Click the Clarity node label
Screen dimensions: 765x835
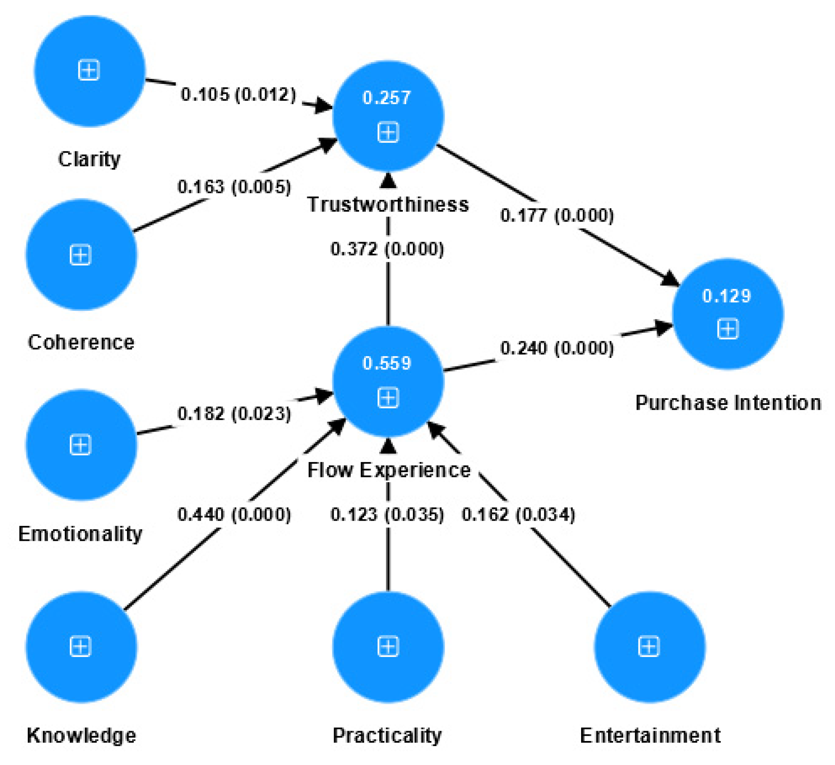(89, 159)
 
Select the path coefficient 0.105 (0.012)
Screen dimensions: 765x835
(238, 94)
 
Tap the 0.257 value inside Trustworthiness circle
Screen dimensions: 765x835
(387, 97)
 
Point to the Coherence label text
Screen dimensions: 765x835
(81, 342)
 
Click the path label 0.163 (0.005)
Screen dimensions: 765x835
(234, 186)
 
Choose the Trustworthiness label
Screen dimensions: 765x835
(388, 204)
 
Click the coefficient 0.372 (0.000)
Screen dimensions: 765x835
(387, 249)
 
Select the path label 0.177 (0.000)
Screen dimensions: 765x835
(557, 215)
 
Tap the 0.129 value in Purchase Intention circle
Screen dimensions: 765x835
(726, 296)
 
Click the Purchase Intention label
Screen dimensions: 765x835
(728, 402)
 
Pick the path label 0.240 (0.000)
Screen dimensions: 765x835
(557, 348)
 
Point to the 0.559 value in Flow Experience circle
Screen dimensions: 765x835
(387, 363)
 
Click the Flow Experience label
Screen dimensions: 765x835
(389, 470)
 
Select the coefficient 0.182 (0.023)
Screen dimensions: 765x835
(234, 413)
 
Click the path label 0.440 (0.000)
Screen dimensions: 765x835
(234, 514)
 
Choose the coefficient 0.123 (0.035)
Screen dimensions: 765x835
(387, 514)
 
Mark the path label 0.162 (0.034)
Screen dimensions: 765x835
(518, 514)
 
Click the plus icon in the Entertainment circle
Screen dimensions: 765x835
(648, 646)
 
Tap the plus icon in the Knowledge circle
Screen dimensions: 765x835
(80, 646)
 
